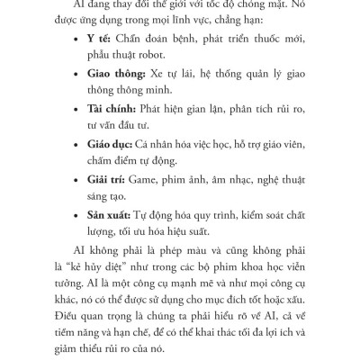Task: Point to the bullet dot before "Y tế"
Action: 72,42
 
